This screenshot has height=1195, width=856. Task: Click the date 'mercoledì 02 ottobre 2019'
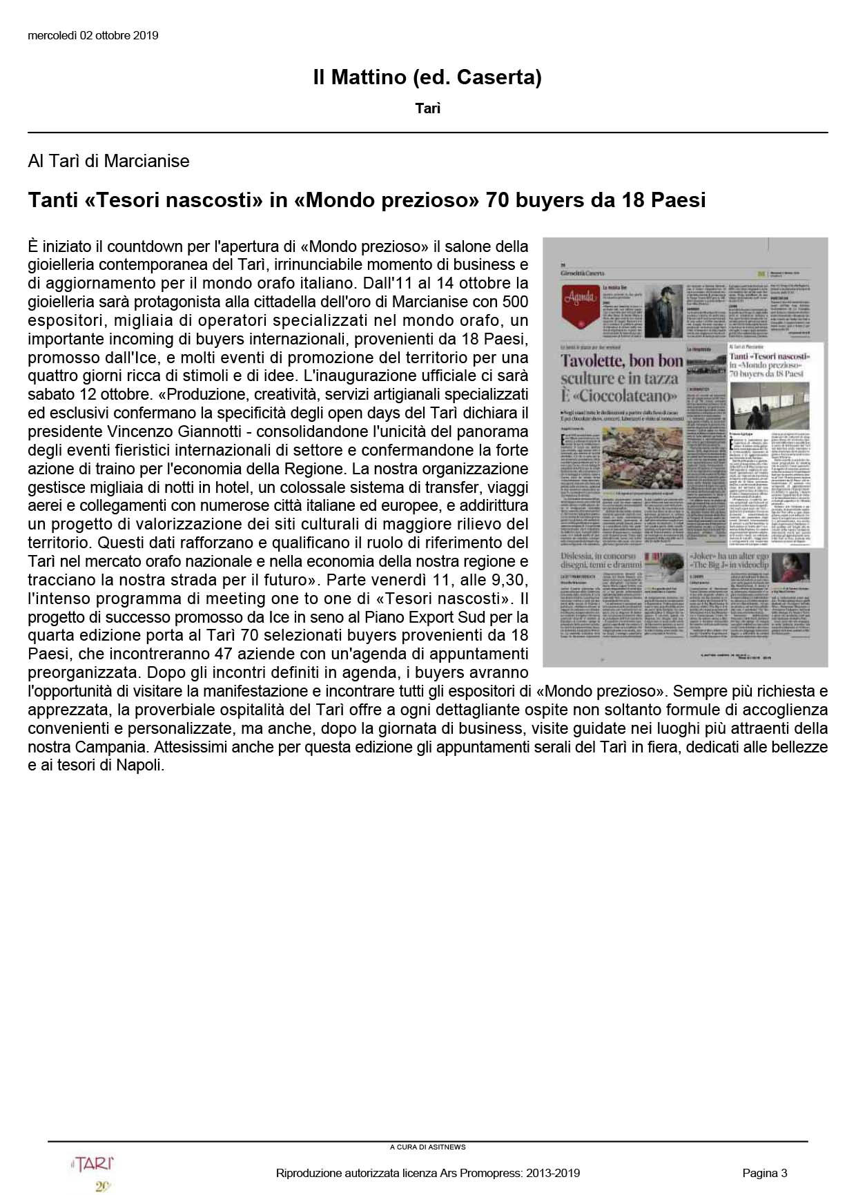tap(93, 35)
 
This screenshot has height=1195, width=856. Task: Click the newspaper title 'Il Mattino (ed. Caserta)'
tap(427, 77)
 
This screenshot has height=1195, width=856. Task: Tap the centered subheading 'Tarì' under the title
tap(428, 108)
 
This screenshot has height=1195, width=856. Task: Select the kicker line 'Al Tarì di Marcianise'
tap(108, 162)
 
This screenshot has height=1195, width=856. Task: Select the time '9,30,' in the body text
tap(503, 580)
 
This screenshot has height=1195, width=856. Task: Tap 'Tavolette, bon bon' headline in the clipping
tap(621, 360)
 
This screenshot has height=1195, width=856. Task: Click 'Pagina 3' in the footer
tap(765, 1173)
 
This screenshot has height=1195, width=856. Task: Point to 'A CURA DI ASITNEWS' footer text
tap(428, 1147)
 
